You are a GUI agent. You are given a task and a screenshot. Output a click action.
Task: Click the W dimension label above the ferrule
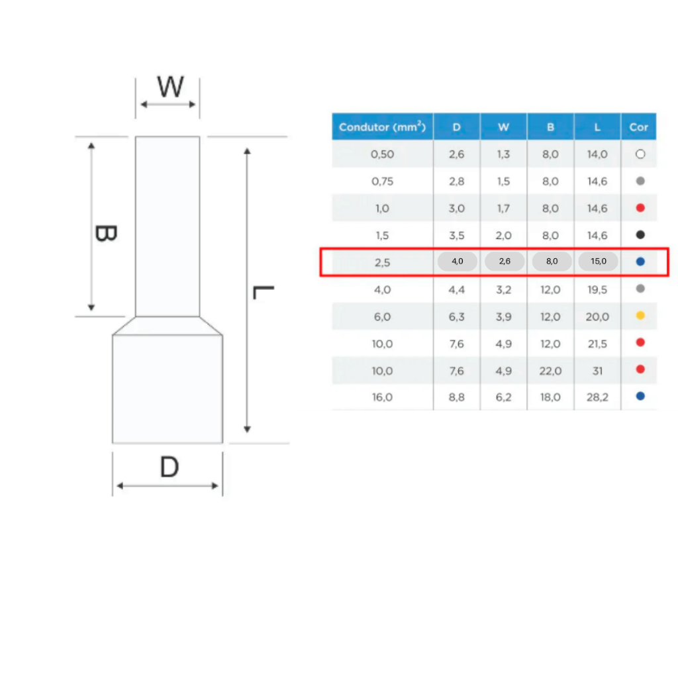[170, 87]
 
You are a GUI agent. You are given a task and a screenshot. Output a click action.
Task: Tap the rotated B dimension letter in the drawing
[106, 234]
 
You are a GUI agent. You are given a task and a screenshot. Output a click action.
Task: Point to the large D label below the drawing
[169, 467]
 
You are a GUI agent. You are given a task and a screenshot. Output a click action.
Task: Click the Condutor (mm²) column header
[382, 126]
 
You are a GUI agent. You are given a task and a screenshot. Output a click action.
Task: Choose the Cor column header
[639, 127]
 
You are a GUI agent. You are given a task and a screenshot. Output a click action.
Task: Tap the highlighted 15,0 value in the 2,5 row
[599, 261]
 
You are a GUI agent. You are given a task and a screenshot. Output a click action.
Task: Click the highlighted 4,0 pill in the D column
[457, 261]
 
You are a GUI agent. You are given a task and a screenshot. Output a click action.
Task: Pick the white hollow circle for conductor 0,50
[640, 154]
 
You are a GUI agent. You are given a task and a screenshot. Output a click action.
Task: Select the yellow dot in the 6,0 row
[640, 316]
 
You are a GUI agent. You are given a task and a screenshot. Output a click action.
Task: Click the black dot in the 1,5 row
[640, 235]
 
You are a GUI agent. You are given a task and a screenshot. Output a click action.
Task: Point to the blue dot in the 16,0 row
[640, 396]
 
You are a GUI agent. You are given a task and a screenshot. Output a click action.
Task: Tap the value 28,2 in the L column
[597, 397]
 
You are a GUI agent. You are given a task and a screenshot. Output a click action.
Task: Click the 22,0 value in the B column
[550, 371]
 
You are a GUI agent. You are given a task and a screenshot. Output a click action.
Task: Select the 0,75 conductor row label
[382, 181]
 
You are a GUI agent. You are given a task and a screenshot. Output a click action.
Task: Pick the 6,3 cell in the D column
[457, 317]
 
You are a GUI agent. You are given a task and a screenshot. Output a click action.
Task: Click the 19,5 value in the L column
[597, 290]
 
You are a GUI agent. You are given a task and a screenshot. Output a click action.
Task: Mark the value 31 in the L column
[598, 371]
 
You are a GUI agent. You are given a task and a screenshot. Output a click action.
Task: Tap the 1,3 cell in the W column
[503, 154]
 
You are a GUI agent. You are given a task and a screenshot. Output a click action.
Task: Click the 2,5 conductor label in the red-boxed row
[382, 262]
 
